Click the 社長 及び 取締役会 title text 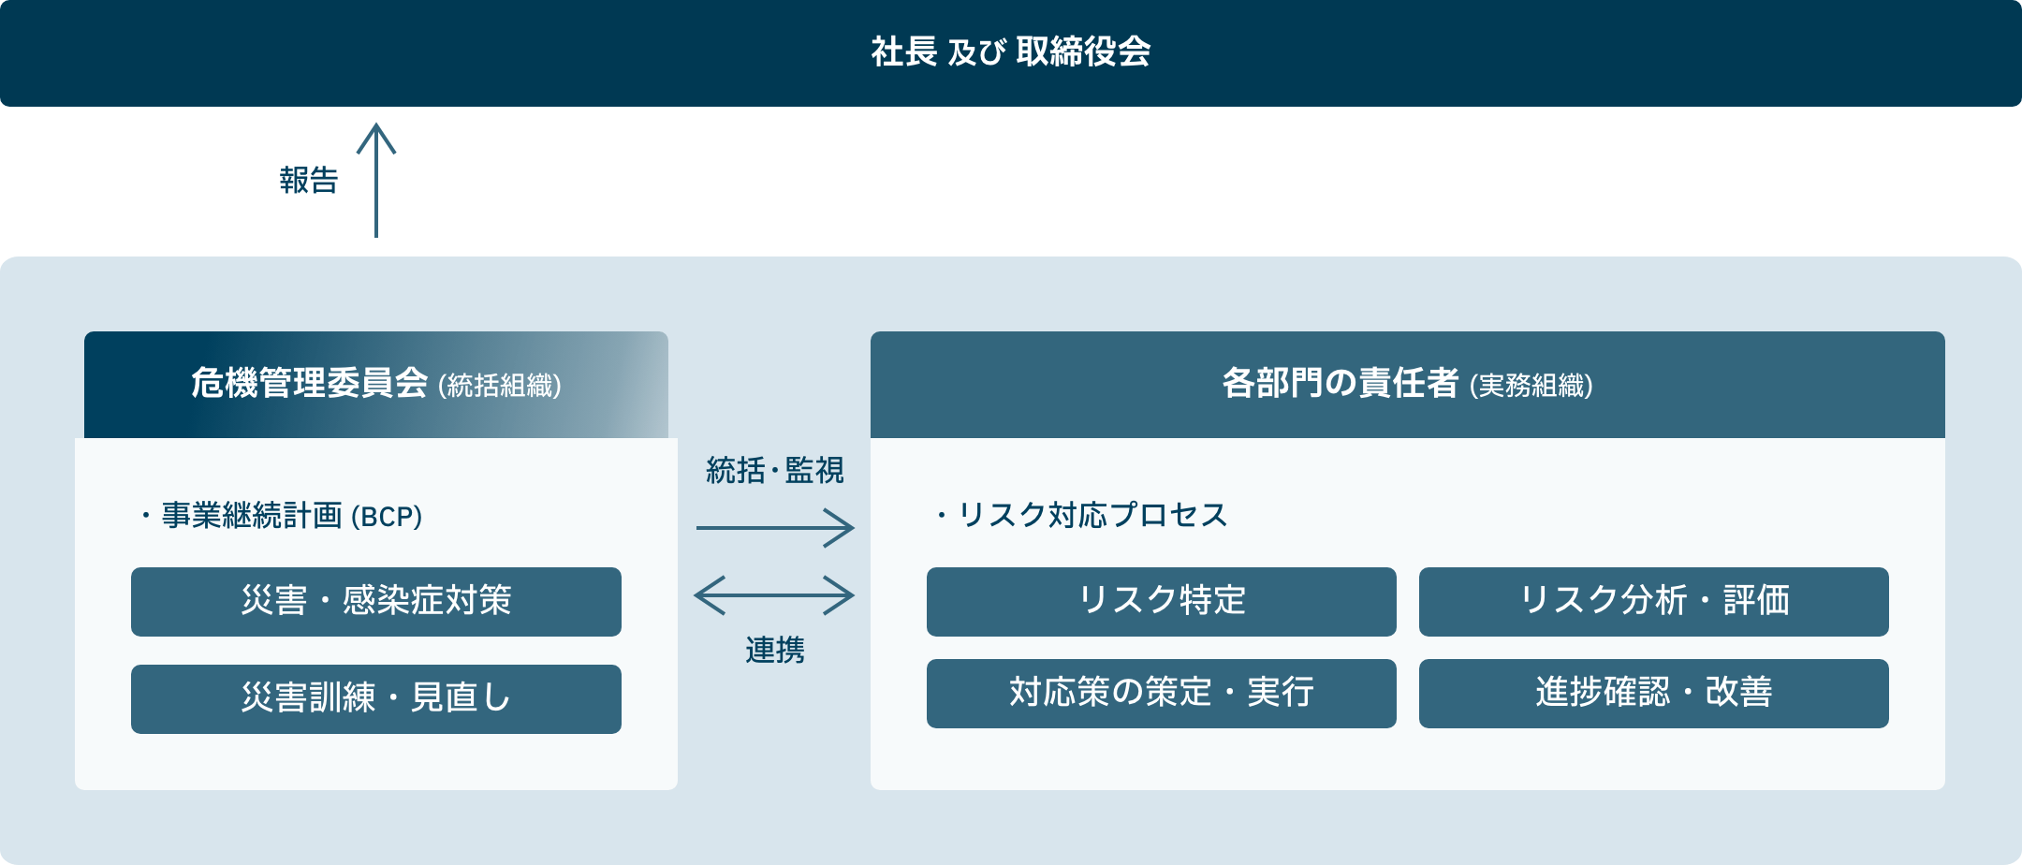[x=1011, y=51]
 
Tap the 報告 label [x=309, y=180]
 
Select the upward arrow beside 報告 [x=376, y=180]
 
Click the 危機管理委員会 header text [x=310, y=383]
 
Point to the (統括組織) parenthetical [x=500, y=386]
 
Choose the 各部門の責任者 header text [x=1341, y=383]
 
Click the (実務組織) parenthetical [x=1531, y=386]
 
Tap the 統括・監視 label [x=775, y=470]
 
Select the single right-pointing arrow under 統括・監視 [x=775, y=528]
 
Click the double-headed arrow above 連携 [x=774, y=595]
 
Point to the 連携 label [x=775, y=650]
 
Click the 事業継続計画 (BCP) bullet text [x=282, y=516]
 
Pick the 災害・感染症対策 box [x=376, y=602]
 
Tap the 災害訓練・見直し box [x=376, y=699]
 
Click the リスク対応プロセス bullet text [x=1082, y=515]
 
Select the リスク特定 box [x=1162, y=602]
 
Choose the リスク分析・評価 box [x=1654, y=602]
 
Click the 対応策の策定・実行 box [x=1162, y=694]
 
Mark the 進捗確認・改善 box [x=1654, y=694]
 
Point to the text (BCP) [x=387, y=517]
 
